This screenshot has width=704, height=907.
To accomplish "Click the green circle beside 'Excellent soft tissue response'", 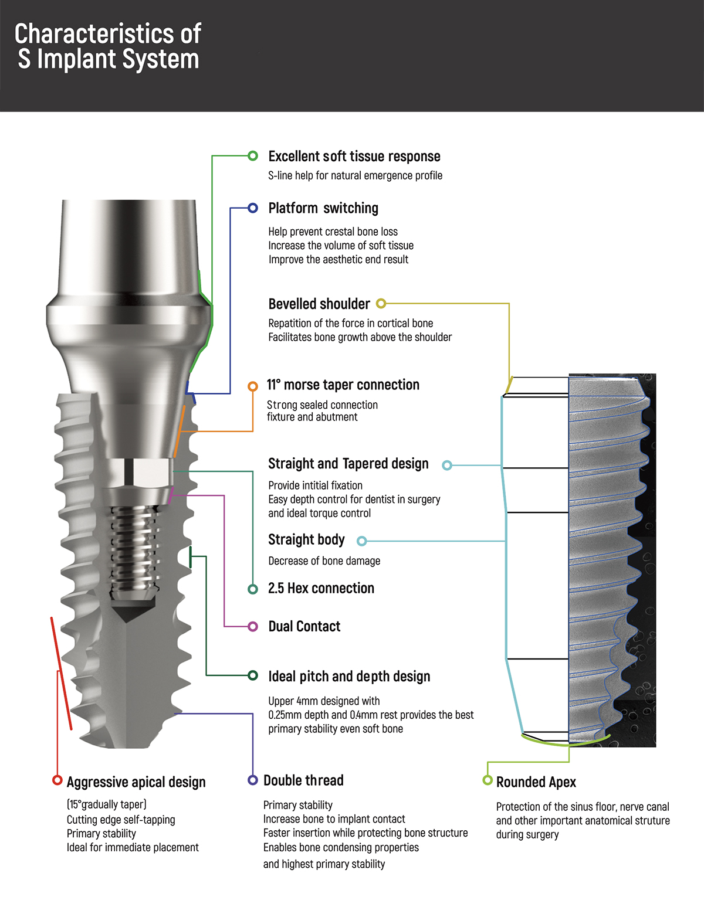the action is click(253, 156).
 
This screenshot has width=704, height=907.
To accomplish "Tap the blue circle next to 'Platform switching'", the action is click(253, 208).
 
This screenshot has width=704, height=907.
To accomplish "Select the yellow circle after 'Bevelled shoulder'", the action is click(381, 304).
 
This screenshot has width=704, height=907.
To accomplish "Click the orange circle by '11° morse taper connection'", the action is click(253, 386).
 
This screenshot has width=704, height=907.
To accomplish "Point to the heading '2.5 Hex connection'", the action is click(321, 588).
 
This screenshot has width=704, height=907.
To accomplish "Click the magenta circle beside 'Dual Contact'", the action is click(253, 627).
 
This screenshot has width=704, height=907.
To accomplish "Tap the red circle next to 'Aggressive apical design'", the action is click(57, 780).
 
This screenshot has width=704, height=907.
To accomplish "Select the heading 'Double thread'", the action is click(303, 780).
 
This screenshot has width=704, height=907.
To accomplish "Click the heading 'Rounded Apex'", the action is click(536, 782).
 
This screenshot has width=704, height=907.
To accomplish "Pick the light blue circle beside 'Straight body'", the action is click(361, 541).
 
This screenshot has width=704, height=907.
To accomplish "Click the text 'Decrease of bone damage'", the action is click(324, 561).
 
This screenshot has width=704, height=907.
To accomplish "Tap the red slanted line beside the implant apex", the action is click(62, 673).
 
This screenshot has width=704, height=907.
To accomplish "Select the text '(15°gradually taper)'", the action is click(106, 804).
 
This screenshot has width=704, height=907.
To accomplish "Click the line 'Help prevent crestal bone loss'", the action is click(333, 232).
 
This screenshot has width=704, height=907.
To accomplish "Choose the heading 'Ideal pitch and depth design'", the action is click(349, 677).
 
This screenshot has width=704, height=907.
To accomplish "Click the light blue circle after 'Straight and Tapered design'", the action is click(447, 466).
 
